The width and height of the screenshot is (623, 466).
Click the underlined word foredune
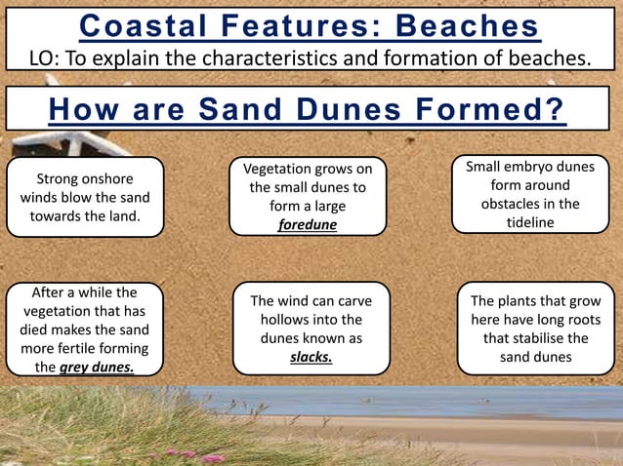308,224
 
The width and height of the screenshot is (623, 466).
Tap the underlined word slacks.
311,357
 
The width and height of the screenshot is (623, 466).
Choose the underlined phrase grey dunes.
97,368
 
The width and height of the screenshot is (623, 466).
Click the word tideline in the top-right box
530,222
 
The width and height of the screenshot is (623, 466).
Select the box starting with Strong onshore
85,198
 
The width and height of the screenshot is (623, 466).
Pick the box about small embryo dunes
530,194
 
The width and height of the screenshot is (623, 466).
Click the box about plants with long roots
535,329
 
